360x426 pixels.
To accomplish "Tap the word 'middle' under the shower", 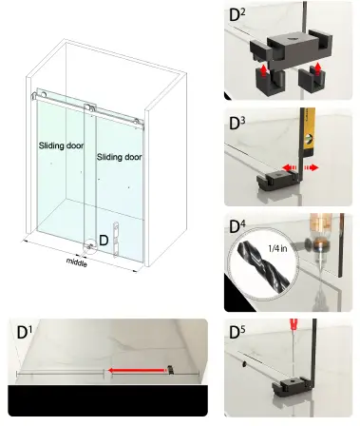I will tap(78, 260).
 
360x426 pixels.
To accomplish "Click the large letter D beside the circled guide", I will tap(103, 242).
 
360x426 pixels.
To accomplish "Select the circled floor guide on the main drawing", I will tap(89, 242).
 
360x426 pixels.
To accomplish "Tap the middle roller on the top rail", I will tap(88, 104).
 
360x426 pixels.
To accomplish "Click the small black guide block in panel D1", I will tap(169, 370).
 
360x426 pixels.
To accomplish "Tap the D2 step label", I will tap(237, 14).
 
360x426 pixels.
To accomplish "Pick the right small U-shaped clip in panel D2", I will tap(310, 78).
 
